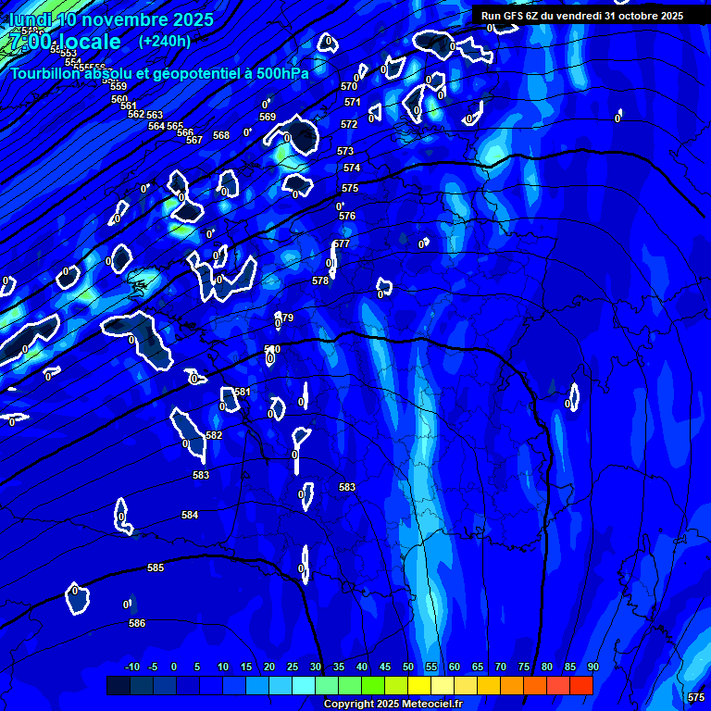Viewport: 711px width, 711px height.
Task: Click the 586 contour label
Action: click(x=137, y=623)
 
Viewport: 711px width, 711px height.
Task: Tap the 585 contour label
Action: click(x=156, y=568)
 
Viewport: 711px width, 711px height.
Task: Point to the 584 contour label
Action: click(x=190, y=515)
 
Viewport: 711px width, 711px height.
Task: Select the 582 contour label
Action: click(x=214, y=435)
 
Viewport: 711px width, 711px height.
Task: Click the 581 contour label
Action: click(x=243, y=392)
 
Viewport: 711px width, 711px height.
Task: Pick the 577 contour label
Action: click(x=343, y=243)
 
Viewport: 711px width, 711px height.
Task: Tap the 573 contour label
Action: click(x=345, y=151)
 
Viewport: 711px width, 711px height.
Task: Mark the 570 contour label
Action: click(x=349, y=86)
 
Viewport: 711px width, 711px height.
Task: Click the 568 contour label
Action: click(x=221, y=135)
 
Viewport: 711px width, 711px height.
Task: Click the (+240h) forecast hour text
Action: click(x=165, y=41)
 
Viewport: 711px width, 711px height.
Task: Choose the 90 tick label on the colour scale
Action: click(x=592, y=667)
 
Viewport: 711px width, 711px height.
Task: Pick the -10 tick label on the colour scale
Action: click(x=132, y=667)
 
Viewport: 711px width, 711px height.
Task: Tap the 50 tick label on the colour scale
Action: click(x=408, y=667)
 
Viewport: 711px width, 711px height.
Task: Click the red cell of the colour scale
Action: click(x=581, y=685)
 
